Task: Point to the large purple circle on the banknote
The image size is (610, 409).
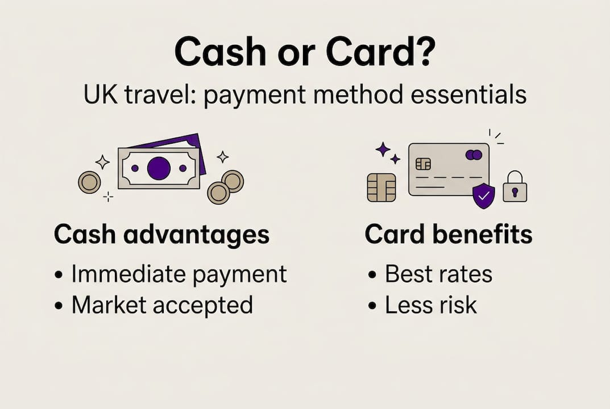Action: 159,168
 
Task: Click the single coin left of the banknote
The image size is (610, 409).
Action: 89,182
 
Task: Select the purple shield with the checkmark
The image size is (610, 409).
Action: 484,196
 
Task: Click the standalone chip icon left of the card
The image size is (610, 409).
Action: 381,187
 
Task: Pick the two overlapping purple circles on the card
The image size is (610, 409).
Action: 474,155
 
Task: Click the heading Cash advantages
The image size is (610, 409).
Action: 161,235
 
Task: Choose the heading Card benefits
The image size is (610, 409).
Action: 449,235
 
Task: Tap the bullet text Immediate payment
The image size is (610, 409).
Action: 179,274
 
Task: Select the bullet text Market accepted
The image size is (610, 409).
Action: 162,305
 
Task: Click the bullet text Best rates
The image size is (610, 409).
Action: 438,274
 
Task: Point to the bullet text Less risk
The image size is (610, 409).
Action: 431,305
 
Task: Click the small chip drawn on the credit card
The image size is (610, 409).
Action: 423,164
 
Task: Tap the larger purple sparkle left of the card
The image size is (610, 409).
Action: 383,149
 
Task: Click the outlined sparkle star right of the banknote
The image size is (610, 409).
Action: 223,157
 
